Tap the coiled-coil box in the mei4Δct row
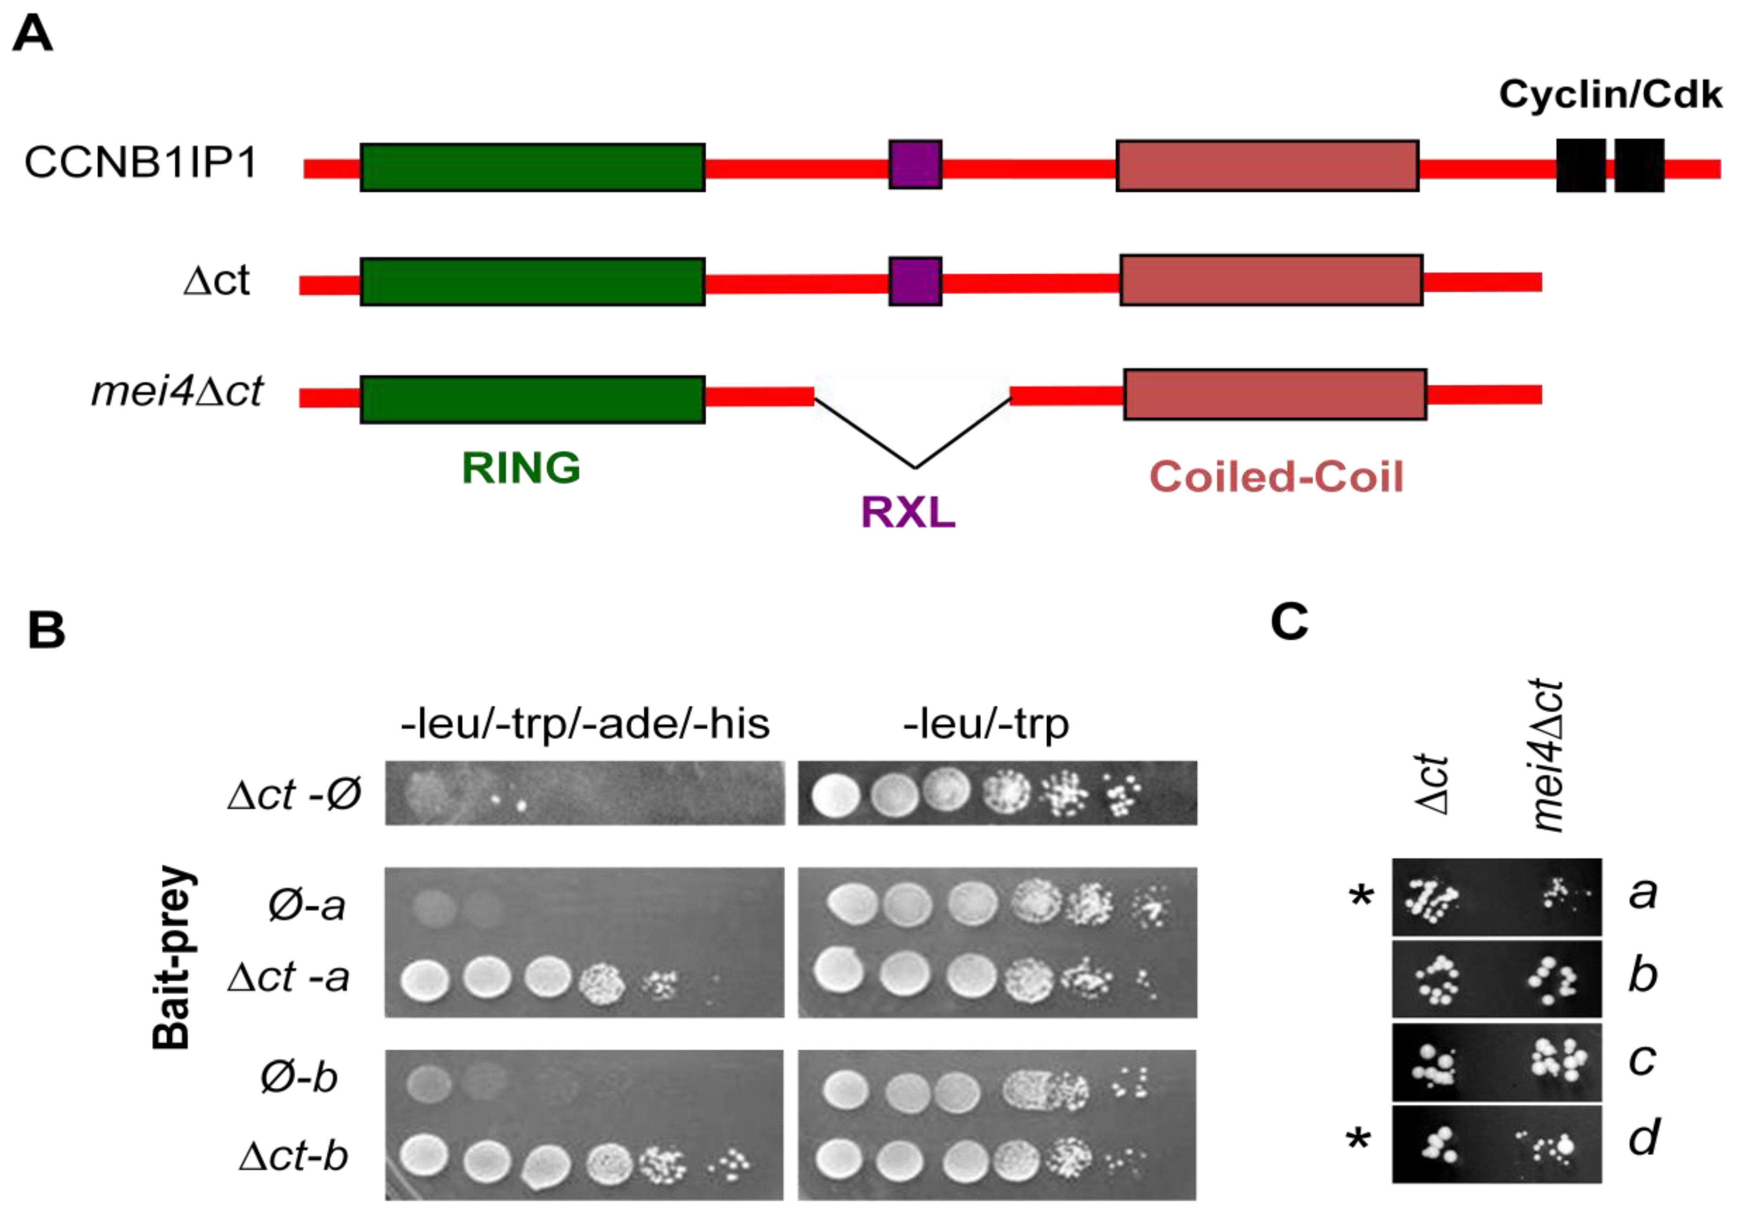1275,394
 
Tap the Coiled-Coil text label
1276,477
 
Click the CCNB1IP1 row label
141,162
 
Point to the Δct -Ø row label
294,794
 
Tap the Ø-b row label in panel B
299,1077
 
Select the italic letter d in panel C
1643,1137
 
